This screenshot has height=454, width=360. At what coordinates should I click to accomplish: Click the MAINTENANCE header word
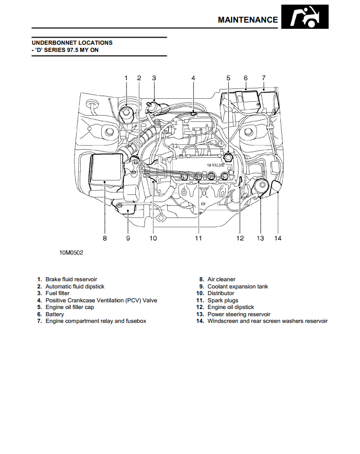247,20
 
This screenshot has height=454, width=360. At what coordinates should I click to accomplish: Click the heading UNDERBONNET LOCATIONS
72,43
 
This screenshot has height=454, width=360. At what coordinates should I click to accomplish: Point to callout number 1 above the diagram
126,78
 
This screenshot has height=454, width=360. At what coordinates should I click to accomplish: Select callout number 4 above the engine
193,78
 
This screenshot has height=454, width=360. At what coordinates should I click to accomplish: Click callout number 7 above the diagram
263,78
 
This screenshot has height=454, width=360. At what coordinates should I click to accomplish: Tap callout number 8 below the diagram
105,238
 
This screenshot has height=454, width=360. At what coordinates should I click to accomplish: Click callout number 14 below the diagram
278,238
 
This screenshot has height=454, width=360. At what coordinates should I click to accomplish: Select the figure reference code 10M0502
71,252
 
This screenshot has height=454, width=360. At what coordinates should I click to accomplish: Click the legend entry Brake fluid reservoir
71,280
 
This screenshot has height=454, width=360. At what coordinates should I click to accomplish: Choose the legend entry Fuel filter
58,294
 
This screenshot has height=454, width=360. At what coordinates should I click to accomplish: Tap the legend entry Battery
55,314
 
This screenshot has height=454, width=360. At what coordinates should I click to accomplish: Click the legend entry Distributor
221,294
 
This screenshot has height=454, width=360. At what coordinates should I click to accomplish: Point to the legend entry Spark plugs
223,300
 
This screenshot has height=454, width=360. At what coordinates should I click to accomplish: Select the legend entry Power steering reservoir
239,314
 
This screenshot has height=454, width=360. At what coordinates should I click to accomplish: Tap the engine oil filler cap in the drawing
228,155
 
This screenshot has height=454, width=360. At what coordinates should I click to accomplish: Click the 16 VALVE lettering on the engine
217,165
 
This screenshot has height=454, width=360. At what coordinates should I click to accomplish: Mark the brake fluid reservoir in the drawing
127,113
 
